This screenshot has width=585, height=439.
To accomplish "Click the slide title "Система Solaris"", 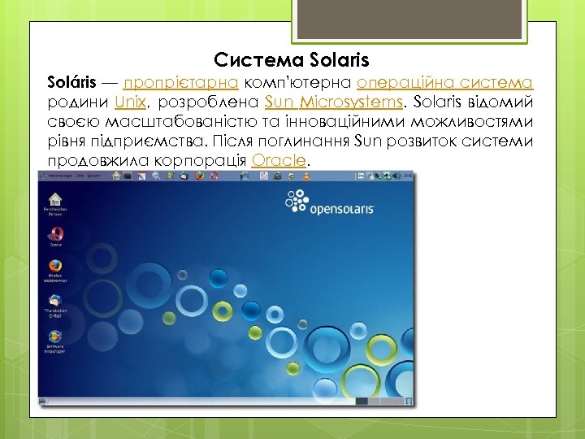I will coord(292,59).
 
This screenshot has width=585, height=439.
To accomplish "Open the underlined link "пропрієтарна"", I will coord(180,83).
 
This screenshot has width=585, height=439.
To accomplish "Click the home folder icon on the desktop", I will coord(54,200).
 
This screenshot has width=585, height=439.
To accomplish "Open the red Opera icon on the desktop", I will coord(55,234).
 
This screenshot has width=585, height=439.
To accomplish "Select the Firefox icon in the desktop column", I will coord(54,267).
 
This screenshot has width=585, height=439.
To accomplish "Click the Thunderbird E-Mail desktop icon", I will coord(54,302).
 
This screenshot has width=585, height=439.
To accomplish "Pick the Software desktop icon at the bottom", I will coord(54,337).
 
